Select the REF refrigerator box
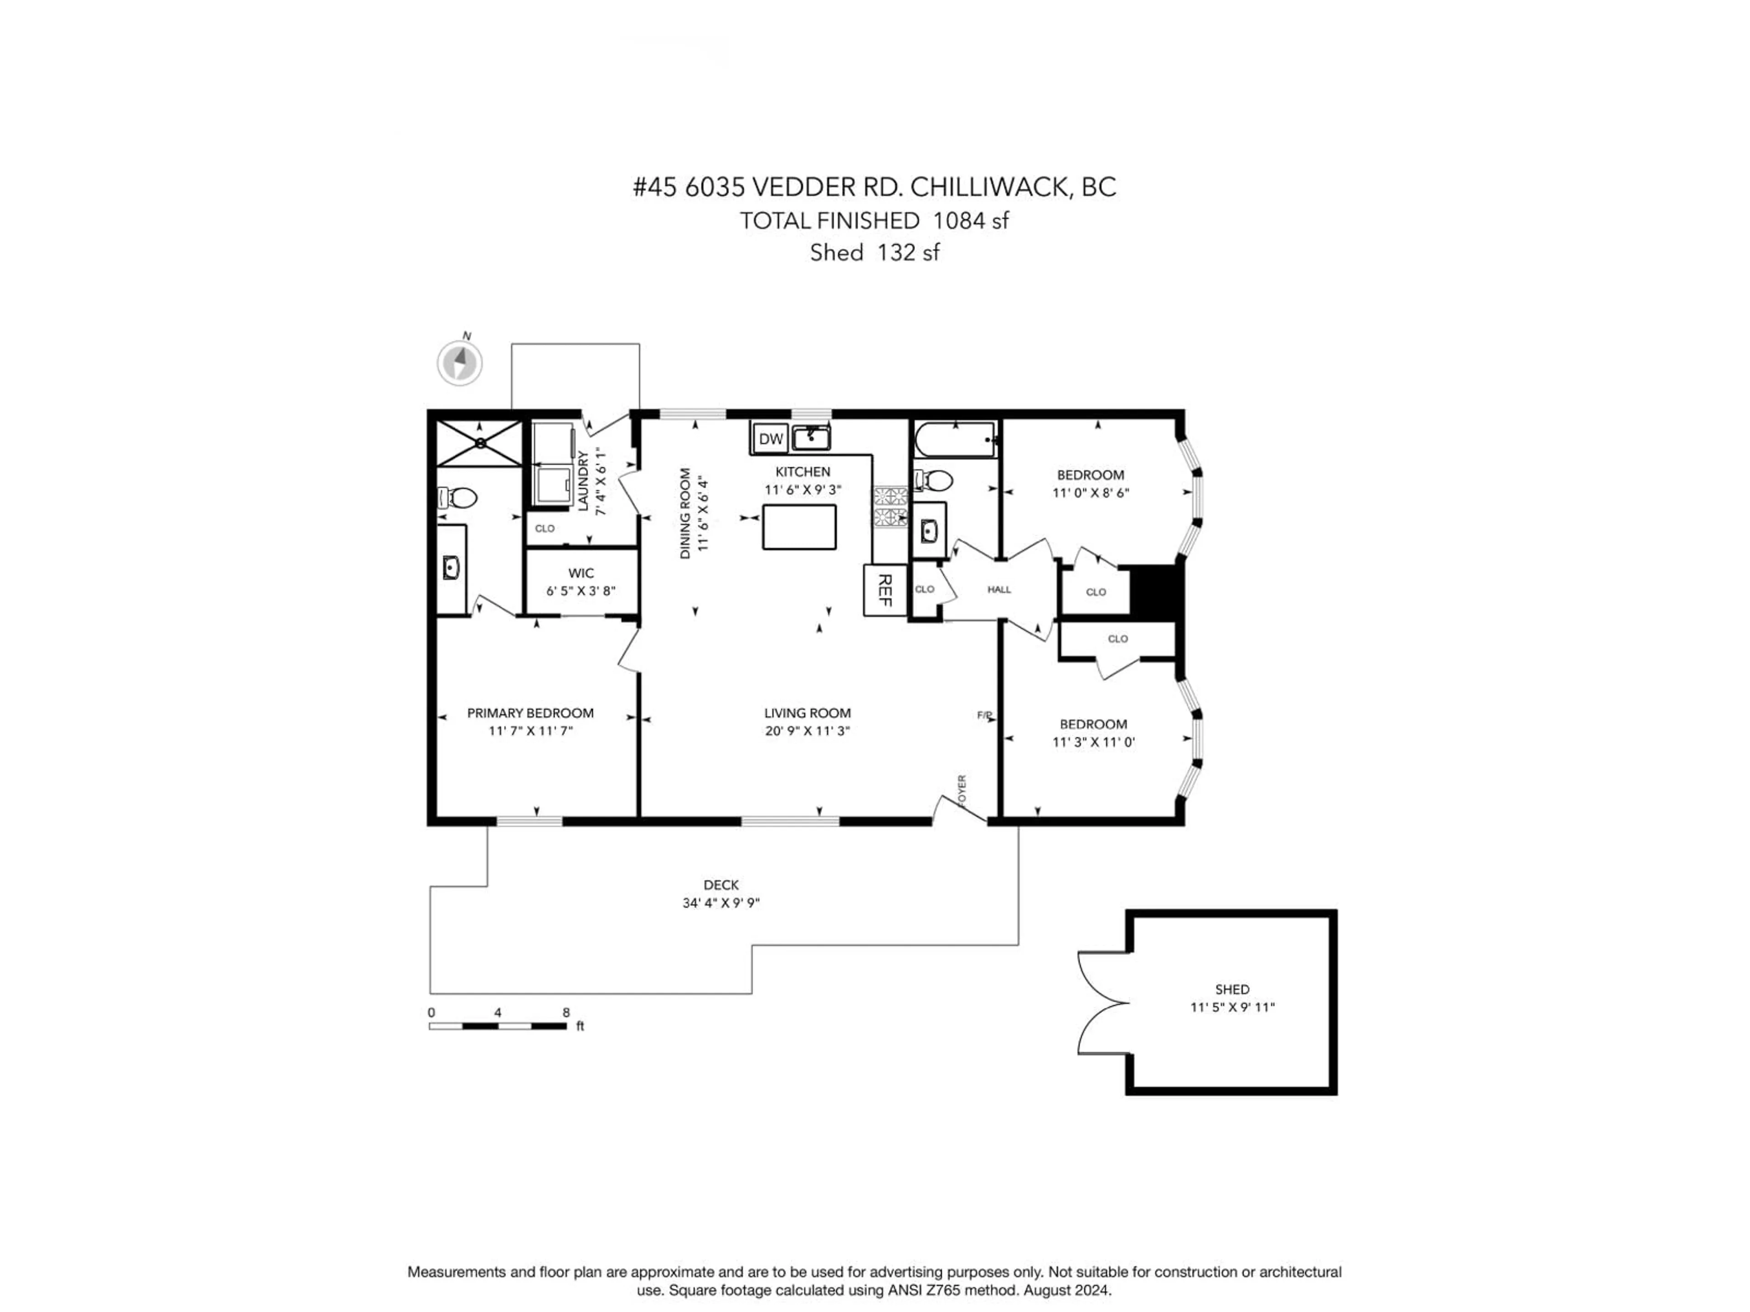tap(885, 590)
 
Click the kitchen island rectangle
tap(799, 527)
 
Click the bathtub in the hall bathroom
tap(955, 439)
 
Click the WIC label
tap(581, 573)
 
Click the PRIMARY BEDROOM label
tap(530, 712)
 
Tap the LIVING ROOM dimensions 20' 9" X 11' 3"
tap(807, 731)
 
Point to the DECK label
tap(721, 885)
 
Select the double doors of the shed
tap(1102, 1003)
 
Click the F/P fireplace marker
tap(984, 715)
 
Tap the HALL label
tap(999, 589)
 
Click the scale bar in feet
tap(498, 1026)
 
